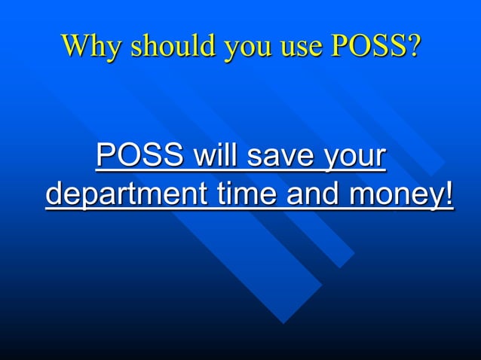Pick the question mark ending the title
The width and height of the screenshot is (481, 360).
pos(412,46)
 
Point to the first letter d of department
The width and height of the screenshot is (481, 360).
pos(54,194)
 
